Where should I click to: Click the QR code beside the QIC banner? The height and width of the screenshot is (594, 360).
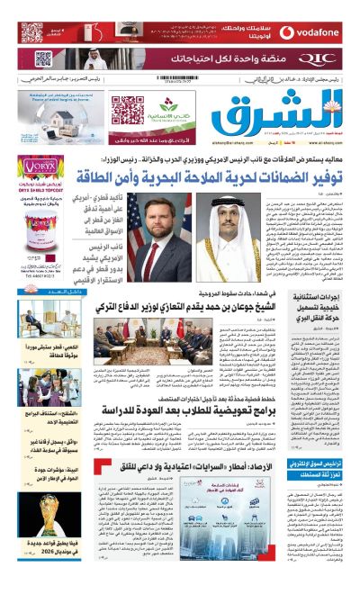click(x=42, y=60)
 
